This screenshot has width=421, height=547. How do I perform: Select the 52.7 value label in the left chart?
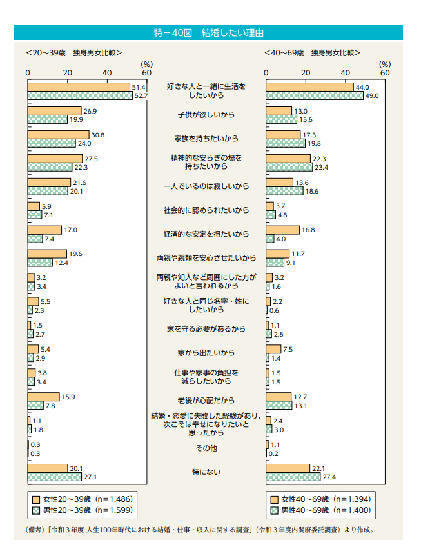pos(140,95)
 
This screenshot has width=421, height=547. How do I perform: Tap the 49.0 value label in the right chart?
pos(372,95)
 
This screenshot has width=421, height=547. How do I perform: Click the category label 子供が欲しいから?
pos(206,115)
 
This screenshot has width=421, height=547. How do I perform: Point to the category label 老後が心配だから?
pos(206,401)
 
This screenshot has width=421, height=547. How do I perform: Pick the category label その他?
pos(206,448)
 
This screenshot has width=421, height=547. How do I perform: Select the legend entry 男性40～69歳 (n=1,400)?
pos(319,510)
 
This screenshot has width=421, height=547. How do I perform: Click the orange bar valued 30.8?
pos(58,134)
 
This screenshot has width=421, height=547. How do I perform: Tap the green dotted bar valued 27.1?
pos(55,477)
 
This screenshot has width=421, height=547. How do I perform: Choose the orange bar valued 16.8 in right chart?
pos(282,229)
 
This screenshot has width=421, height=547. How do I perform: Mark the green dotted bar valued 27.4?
pos(293,477)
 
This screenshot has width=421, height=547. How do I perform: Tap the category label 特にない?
pos(206,472)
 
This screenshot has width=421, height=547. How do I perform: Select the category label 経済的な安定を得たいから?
pos(206,234)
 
